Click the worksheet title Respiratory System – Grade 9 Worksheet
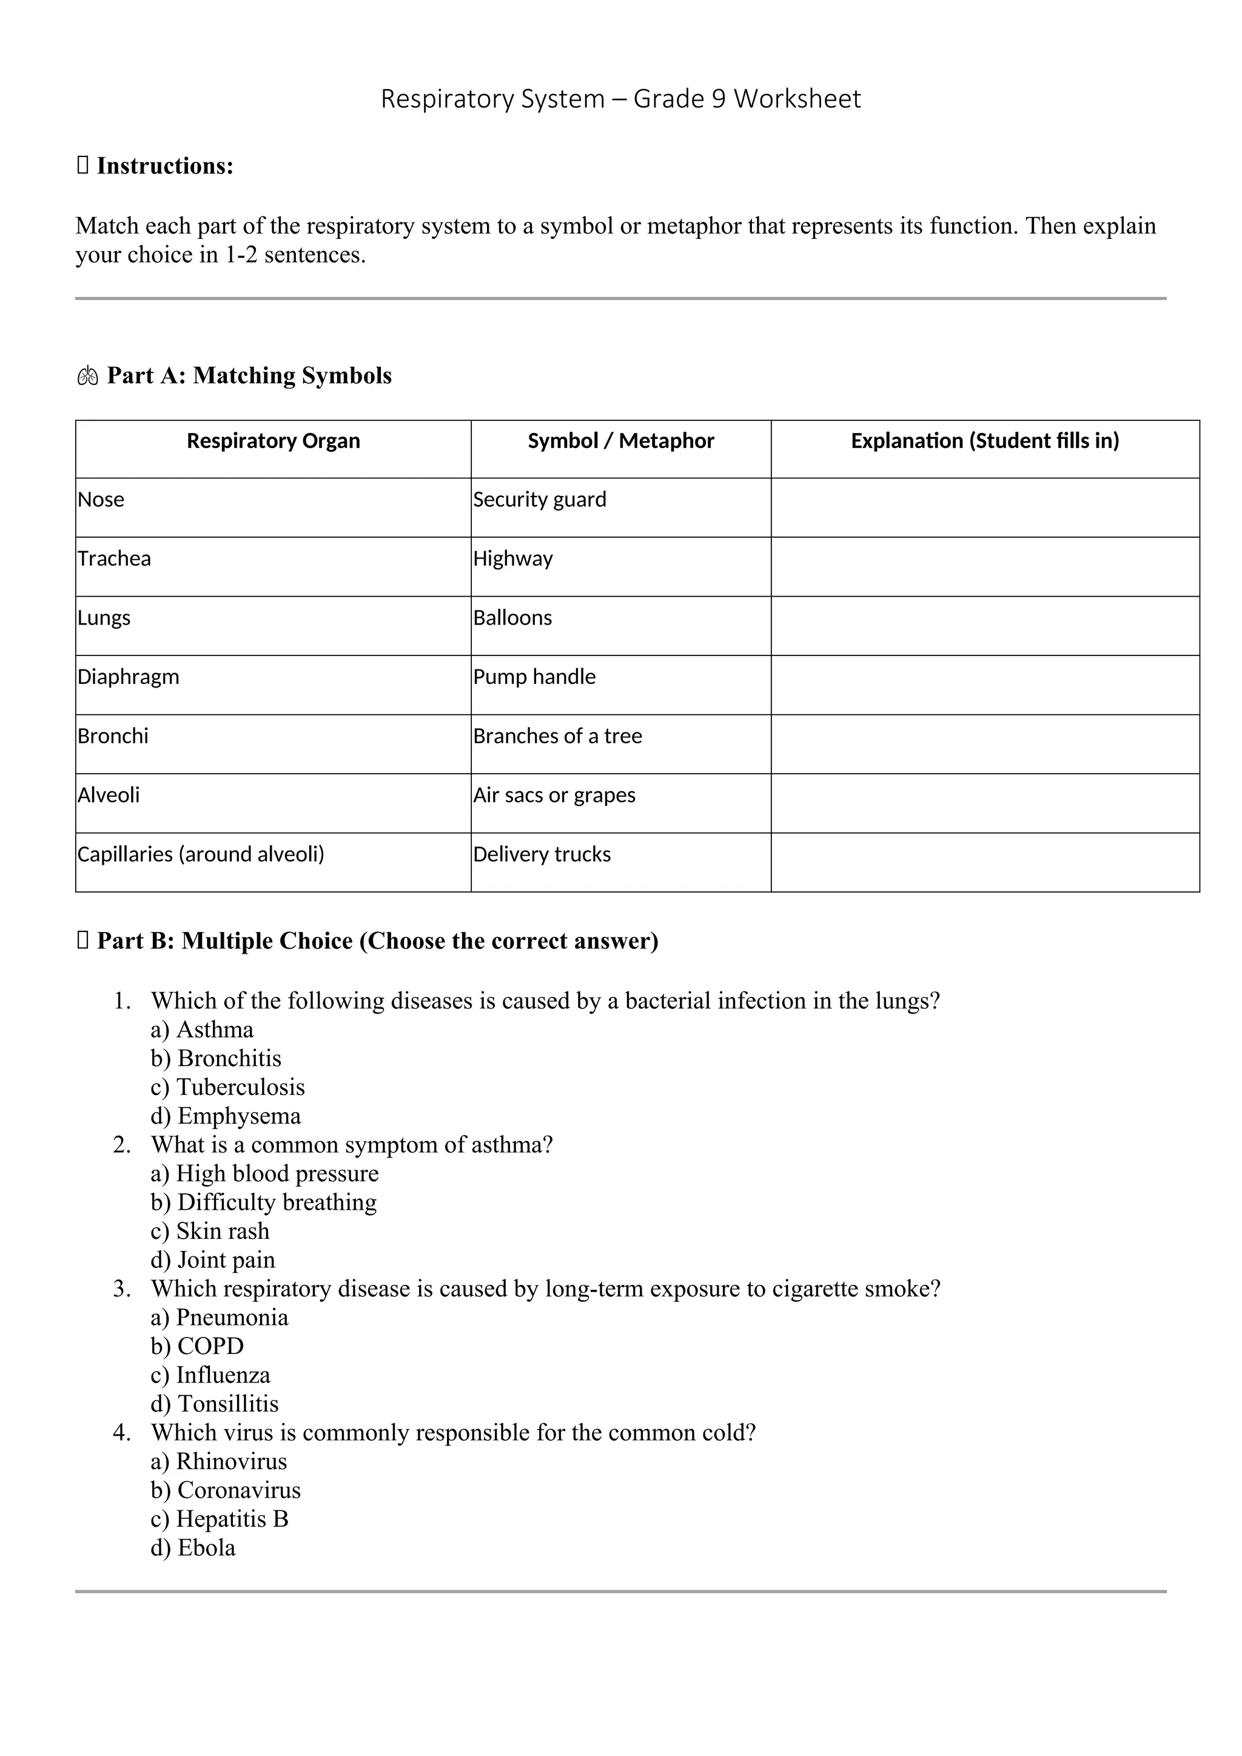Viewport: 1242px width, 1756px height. click(x=620, y=99)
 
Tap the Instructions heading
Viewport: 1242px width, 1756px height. click(x=164, y=166)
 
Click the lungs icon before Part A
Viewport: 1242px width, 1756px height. click(x=87, y=377)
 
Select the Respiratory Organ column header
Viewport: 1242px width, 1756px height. click(x=273, y=441)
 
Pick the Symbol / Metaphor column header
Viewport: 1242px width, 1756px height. click(x=620, y=441)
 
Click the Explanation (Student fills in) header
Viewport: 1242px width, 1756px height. click(x=984, y=441)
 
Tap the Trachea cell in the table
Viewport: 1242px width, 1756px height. click(x=115, y=559)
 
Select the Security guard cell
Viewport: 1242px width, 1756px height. click(x=539, y=500)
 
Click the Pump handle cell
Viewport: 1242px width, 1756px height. click(x=534, y=677)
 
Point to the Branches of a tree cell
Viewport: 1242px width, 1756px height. click(x=557, y=737)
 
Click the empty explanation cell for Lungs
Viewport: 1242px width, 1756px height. click(x=984, y=626)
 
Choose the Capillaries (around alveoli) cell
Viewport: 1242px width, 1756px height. click(x=200, y=854)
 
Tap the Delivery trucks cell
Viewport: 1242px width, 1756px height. click(x=542, y=854)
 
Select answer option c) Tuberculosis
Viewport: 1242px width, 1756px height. click(x=227, y=1088)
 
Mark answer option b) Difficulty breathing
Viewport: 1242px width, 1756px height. click(x=263, y=1202)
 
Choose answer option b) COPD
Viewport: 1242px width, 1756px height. click(x=196, y=1346)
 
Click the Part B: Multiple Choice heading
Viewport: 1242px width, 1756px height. click(x=377, y=942)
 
